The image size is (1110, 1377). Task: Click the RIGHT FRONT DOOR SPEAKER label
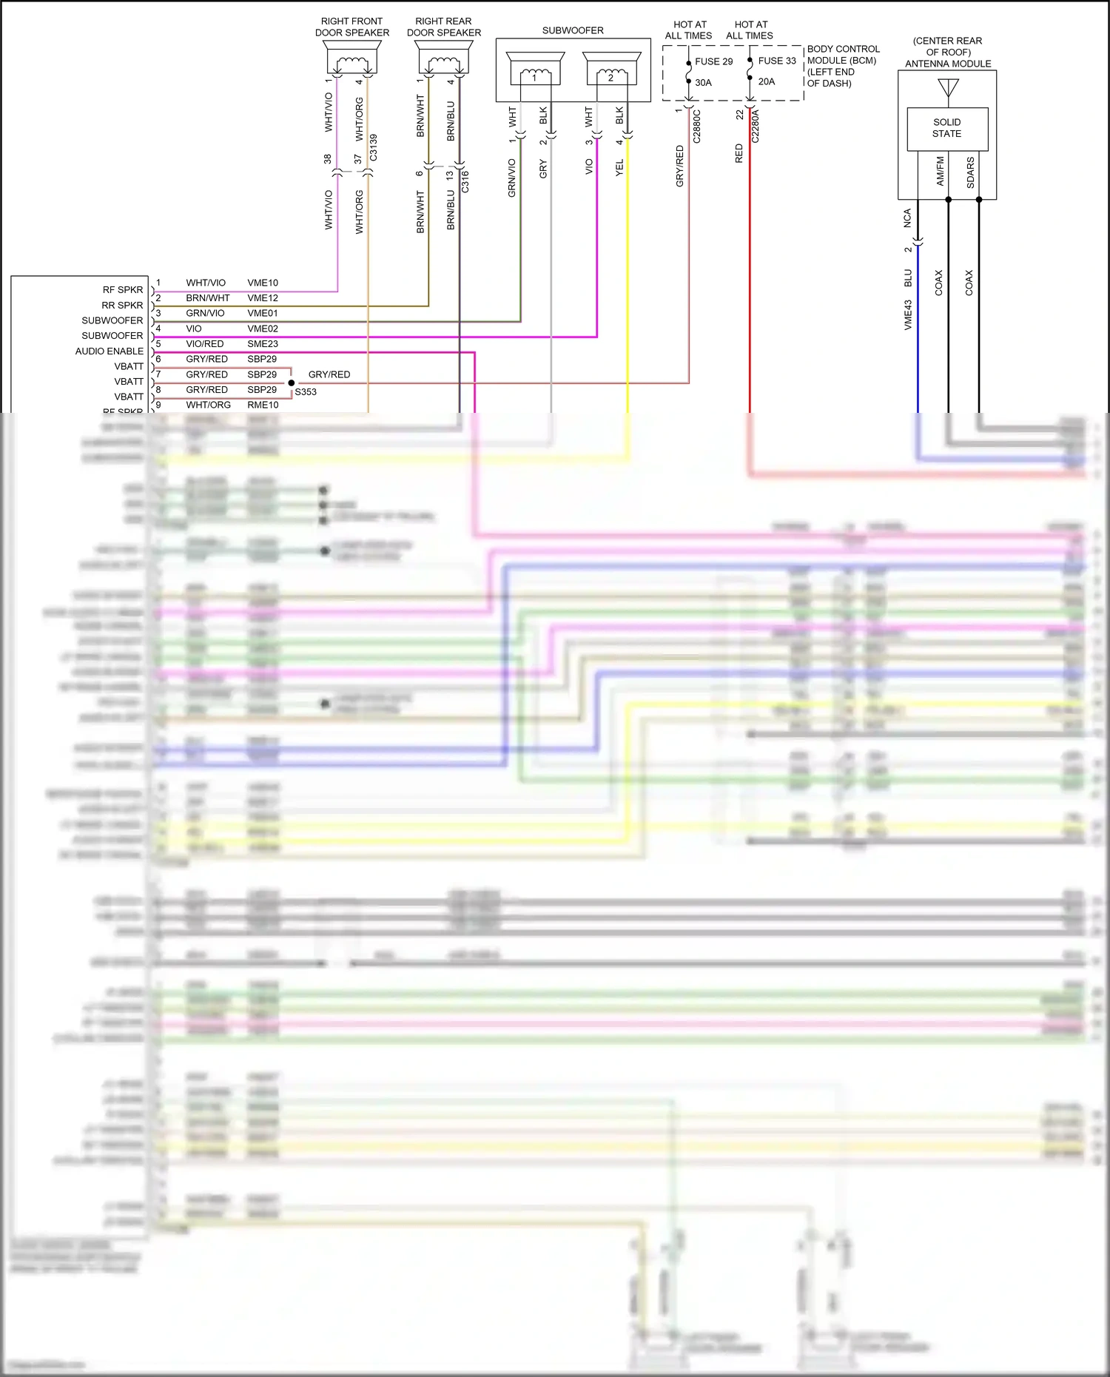pyautogui.click(x=351, y=27)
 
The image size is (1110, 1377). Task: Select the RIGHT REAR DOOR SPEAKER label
pyautogui.click(x=443, y=27)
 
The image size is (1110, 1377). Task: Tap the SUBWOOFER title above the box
pyautogui.click(x=573, y=30)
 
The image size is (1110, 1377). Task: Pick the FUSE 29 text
pyautogui.click(x=713, y=61)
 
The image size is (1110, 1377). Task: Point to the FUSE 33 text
pyautogui.click(x=777, y=61)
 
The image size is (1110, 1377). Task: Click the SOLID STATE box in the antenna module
pyautogui.click(x=947, y=128)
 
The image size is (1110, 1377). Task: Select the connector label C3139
pyautogui.click(x=374, y=147)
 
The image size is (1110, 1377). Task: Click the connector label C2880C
pyautogui.click(x=696, y=127)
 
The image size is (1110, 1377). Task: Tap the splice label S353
pyautogui.click(x=306, y=392)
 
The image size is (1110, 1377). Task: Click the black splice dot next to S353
pyautogui.click(x=292, y=383)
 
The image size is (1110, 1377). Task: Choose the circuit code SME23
pyautogui.click(x=263, y=344)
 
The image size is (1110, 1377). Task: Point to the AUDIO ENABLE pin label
pyautogui.click(x=109, y=351)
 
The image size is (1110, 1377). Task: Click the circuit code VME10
pyautogui.click(x=263, y=283)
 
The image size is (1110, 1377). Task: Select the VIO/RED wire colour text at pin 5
pyautogui.click(x=205, y=344)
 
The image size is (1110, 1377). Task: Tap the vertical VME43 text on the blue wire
pyautogui.click(x=908, y=314)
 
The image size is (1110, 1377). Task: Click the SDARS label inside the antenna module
pyautogui.click(x=970, y=172)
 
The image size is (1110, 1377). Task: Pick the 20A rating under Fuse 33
pyautogui.click(x=767, y=81)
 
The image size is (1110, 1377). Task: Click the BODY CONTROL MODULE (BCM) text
pyautogui.click(x=843, y=55)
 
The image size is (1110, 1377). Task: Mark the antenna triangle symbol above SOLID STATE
pyautogui.click(x=948, y=88)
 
